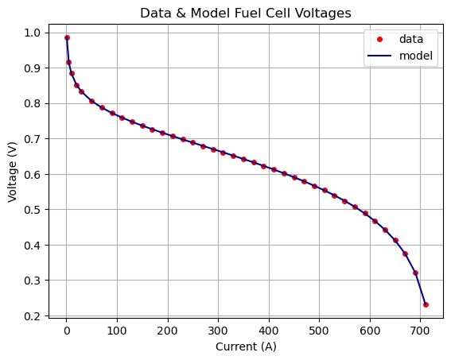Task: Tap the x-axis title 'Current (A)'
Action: click(247, 347)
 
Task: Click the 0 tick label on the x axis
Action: click(67, 331)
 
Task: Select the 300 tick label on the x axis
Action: click(218, 331)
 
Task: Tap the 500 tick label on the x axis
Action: click(319, 331)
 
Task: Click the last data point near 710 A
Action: click(426, 304)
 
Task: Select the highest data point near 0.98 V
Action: click(67, 37)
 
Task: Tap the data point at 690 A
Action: click(415, 273)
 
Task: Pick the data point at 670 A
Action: click(405, 254)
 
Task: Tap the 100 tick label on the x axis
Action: click(117, 331)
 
